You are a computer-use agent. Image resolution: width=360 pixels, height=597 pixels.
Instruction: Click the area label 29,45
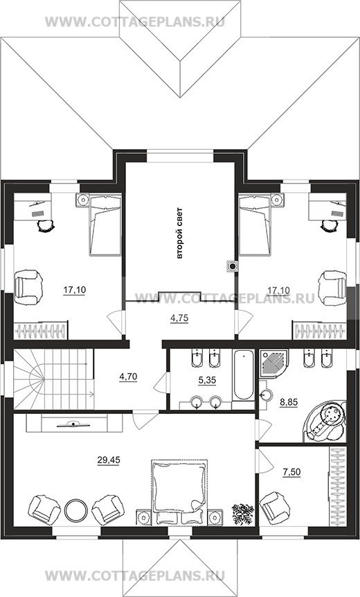pyautogui.click(x=109, y=460)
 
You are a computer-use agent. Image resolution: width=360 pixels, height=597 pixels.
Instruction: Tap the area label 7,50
pyautogui.click(x=291, y=472)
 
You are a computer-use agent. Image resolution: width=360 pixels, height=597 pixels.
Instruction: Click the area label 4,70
pyautogui.click(x=128, y=377)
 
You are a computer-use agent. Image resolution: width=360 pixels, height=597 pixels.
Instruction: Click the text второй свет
pyautogui.click(x=180, y=233)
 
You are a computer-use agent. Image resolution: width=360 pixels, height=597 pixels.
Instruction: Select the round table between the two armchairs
pyautogui.click(x=75, y=510)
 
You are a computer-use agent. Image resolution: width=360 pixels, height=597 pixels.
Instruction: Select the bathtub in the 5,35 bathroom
pyautogui.click(x=243, y=375)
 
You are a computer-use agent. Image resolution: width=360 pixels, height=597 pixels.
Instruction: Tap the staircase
pyautogui.click(x=53, y=379)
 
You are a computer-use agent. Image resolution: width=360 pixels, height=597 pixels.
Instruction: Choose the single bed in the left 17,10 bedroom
pyautogui.click(x=105, y=224)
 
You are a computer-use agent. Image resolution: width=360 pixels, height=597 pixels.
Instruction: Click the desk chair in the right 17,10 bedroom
pyautogui.click(x=328, y=226)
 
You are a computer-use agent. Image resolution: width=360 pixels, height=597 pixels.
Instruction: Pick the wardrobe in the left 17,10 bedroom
pyautogui.click(x=41, y=331)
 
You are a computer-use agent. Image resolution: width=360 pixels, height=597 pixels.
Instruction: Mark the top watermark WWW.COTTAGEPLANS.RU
pyautogui.click(x=135, y=21)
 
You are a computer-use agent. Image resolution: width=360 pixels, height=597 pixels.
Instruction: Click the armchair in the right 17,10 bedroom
pyautogui.click(x=332, y=288)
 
